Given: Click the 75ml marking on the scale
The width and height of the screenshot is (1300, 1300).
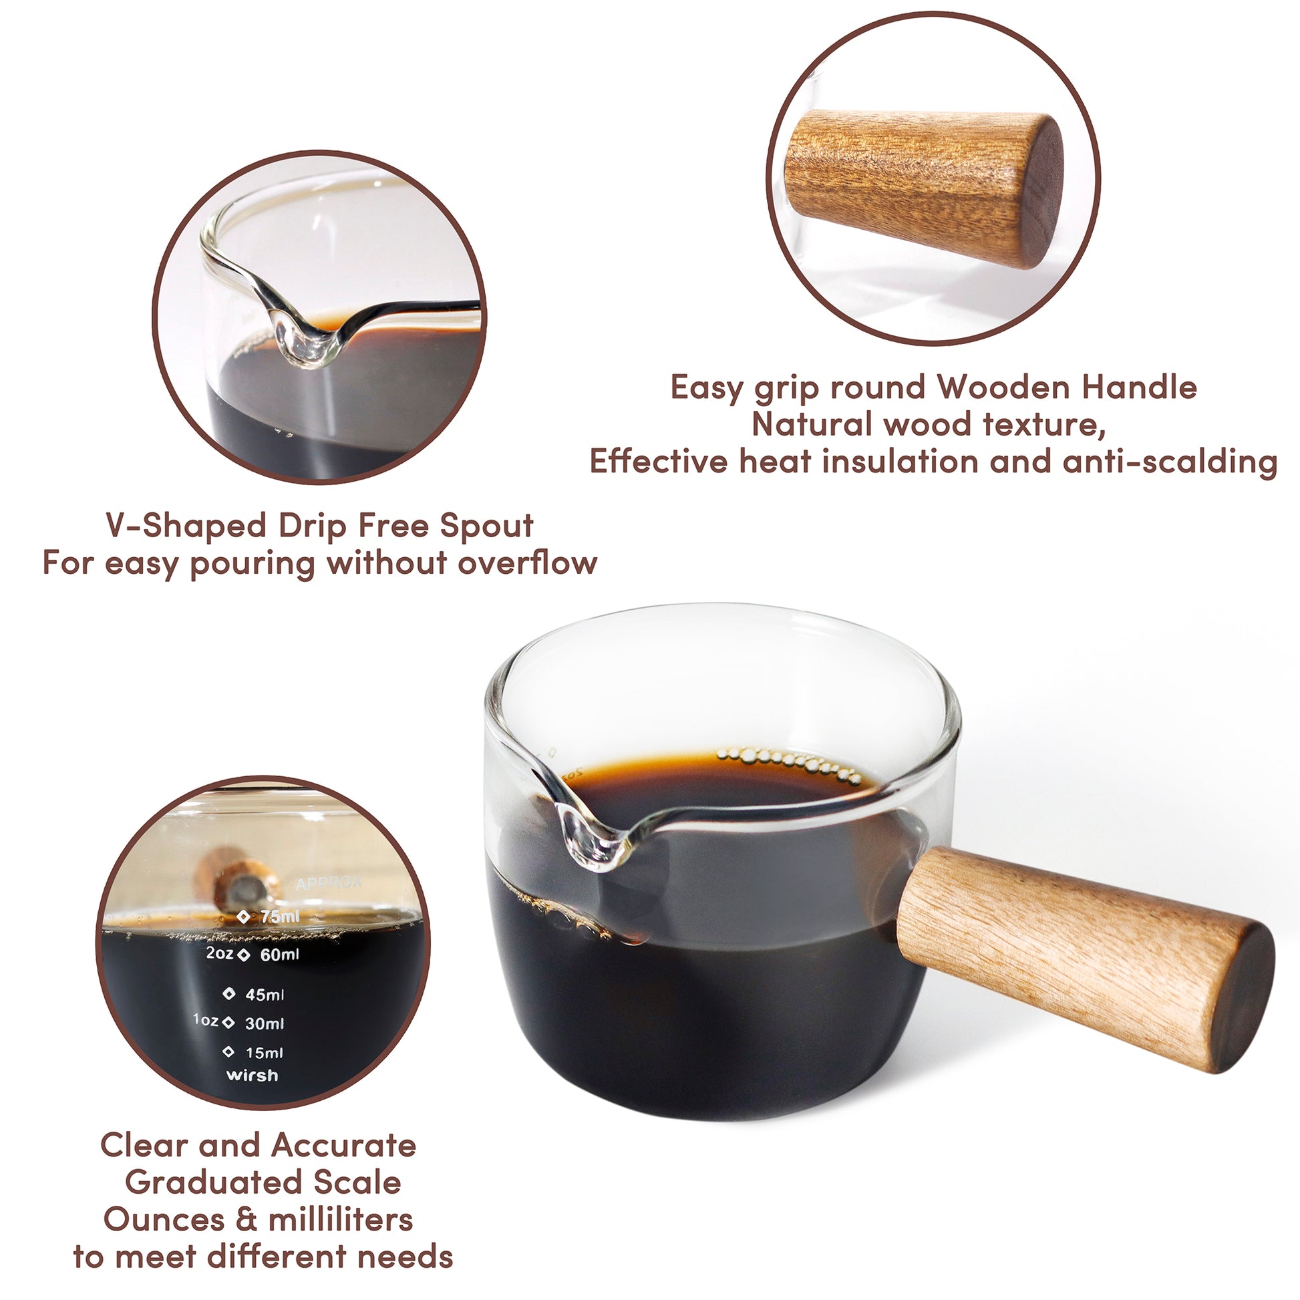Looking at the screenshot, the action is pos(279,917).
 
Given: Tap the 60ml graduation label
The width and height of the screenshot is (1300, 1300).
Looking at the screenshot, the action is pos(279,954).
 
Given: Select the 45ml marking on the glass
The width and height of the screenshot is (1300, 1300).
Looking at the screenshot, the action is pos(265,994).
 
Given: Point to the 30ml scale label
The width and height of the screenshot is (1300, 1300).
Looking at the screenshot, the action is pos(265,1023).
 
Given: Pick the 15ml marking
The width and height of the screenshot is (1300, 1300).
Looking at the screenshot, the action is pos(265,1052).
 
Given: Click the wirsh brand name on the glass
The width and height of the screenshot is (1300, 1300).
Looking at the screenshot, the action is pos(253,1076).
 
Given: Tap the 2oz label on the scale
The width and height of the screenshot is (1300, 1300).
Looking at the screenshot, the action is pos(219,953).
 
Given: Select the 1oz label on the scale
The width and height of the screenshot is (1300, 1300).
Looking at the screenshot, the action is pos(205,1020).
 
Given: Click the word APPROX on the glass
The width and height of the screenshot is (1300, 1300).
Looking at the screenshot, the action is pos(329,884).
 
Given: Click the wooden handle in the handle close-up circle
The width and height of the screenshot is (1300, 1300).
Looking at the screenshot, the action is pos(925,190).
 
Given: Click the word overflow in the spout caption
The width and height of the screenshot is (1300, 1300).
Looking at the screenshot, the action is pos(528,562).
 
